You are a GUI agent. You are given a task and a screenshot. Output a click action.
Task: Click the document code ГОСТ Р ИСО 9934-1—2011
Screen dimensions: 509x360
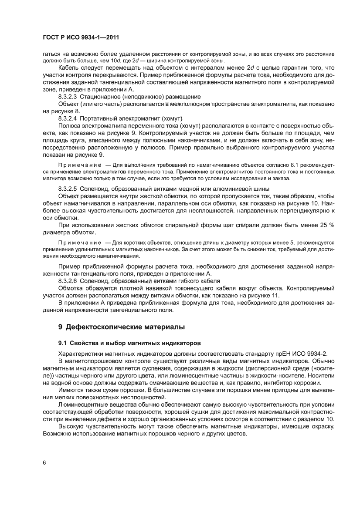[81, 37]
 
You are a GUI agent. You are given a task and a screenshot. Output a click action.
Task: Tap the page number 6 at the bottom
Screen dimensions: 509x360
[44, 462]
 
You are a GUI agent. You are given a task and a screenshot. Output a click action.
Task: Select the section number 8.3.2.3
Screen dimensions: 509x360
[68, 96]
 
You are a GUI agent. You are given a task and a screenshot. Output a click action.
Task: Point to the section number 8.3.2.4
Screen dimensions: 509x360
[68, 118]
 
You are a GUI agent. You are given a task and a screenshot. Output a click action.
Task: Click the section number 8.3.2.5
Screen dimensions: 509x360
[68, 189]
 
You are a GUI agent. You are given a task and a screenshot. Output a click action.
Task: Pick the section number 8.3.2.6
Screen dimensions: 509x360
[68, 281]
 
